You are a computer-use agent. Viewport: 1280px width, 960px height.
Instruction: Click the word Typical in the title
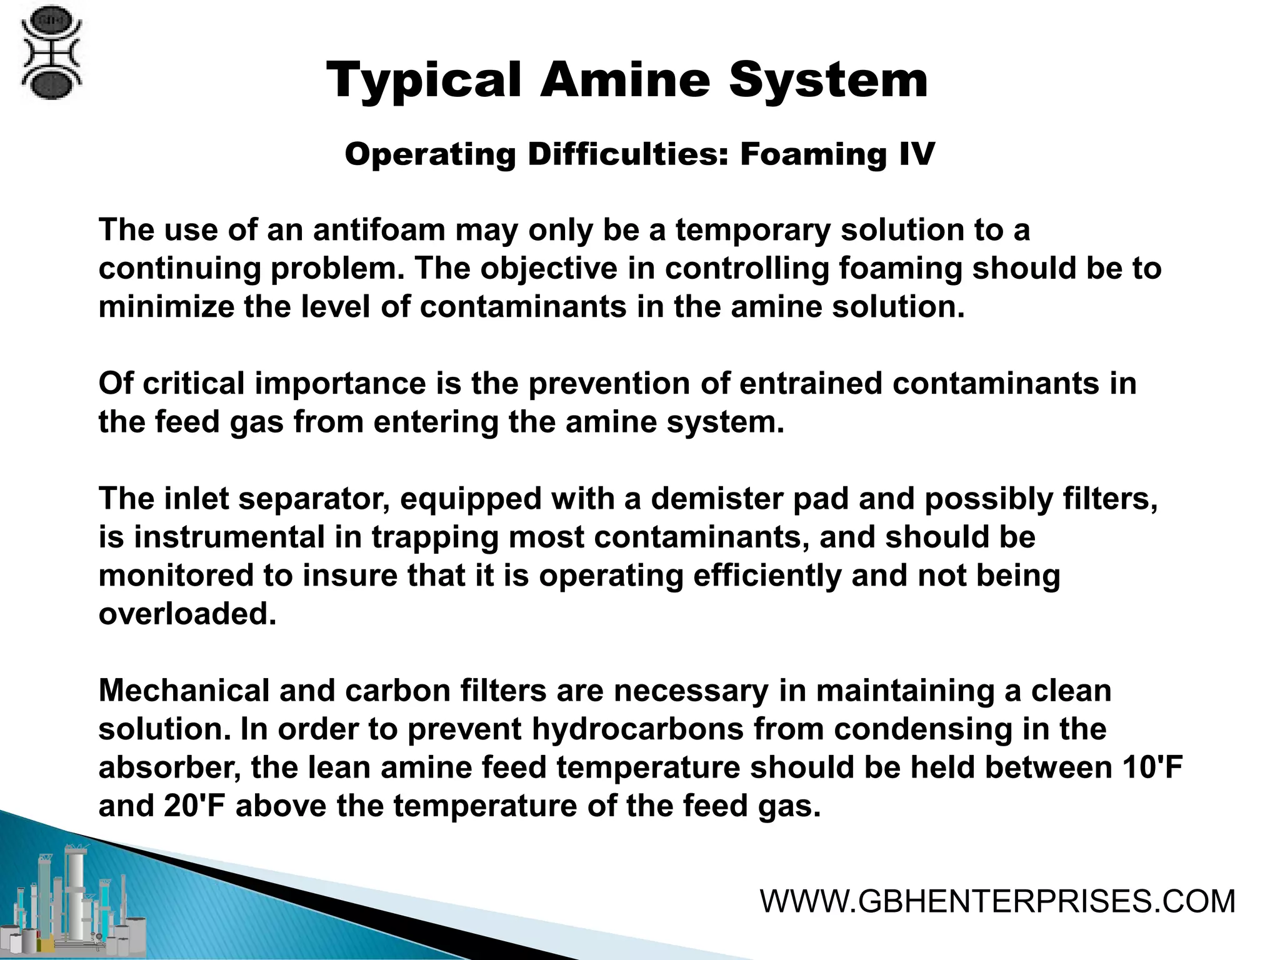424,81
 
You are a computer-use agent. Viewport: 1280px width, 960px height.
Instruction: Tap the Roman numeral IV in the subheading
917,154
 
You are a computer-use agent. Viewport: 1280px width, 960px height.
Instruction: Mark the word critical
194,383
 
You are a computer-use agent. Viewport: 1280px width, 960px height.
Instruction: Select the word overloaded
187,614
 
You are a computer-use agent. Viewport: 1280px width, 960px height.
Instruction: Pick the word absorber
170,767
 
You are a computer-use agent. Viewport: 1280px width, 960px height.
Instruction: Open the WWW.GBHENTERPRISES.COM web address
997,901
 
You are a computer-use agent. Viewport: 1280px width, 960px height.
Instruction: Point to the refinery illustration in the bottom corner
75,900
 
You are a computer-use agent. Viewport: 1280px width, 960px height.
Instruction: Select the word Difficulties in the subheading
628,154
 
